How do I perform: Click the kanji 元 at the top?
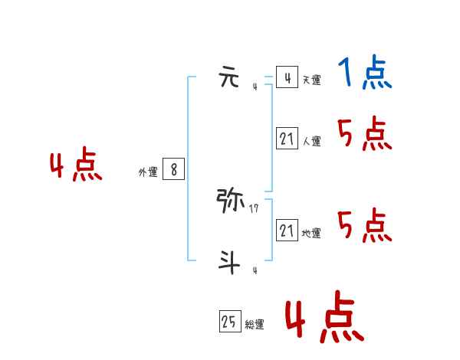click(x=230, y=78)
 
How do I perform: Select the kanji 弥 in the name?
click(x=231, y=201)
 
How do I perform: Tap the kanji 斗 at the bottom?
click(x=229, y=263)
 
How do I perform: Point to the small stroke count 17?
click(x=254, y=207)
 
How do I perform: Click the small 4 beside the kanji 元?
click(x=255, y=87)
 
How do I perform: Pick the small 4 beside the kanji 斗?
click(x=255, y=270)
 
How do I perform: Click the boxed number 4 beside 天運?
click(x=287, y=78)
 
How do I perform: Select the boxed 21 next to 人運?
click(x=287, y=139)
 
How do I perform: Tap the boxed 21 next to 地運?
click(x=287, y=231)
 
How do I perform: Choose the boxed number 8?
click(x=174, y=170)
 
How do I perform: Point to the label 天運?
click(x=311, y=80)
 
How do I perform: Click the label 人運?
click(x=311, y=141)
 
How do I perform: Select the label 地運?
click(x=311, y=233)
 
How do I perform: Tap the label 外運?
click(x=148, y=172)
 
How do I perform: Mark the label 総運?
click(x=255, y=325)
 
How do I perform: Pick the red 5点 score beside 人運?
click(x=365, y=135)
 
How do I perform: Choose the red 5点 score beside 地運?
click(x=365, y=225)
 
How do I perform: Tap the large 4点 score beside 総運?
click(x=324, y=319)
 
